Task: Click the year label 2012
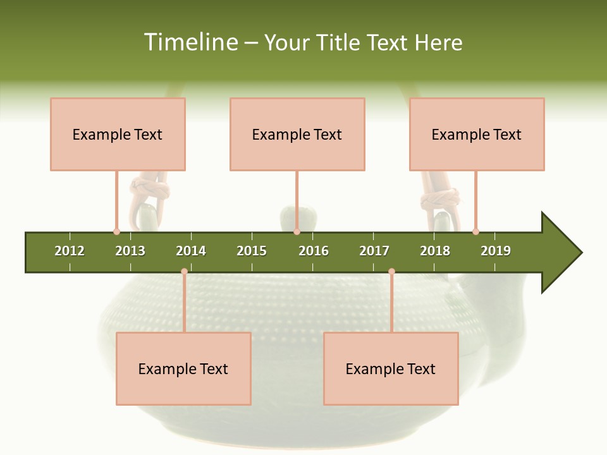coord(70,251)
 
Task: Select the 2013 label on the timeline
coord(130,251)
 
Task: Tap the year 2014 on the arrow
coord(191,251)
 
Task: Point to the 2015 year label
coord(252,251)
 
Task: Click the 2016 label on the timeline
coord(314,251)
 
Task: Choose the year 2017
coord(374,251)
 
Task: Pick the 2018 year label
coord(435,251)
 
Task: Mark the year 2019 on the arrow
coord(496,251)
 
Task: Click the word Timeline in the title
coord(190,42)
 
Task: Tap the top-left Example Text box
coord(118,134)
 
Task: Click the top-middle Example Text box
coord(297,134)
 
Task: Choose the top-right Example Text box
coord(477,134)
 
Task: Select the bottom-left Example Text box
coord(183,368)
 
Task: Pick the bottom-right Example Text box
coord(391,368)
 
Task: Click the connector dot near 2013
coord(116,231)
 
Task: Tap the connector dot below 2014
coord(184,272)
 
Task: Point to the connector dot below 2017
coord(391,272)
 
